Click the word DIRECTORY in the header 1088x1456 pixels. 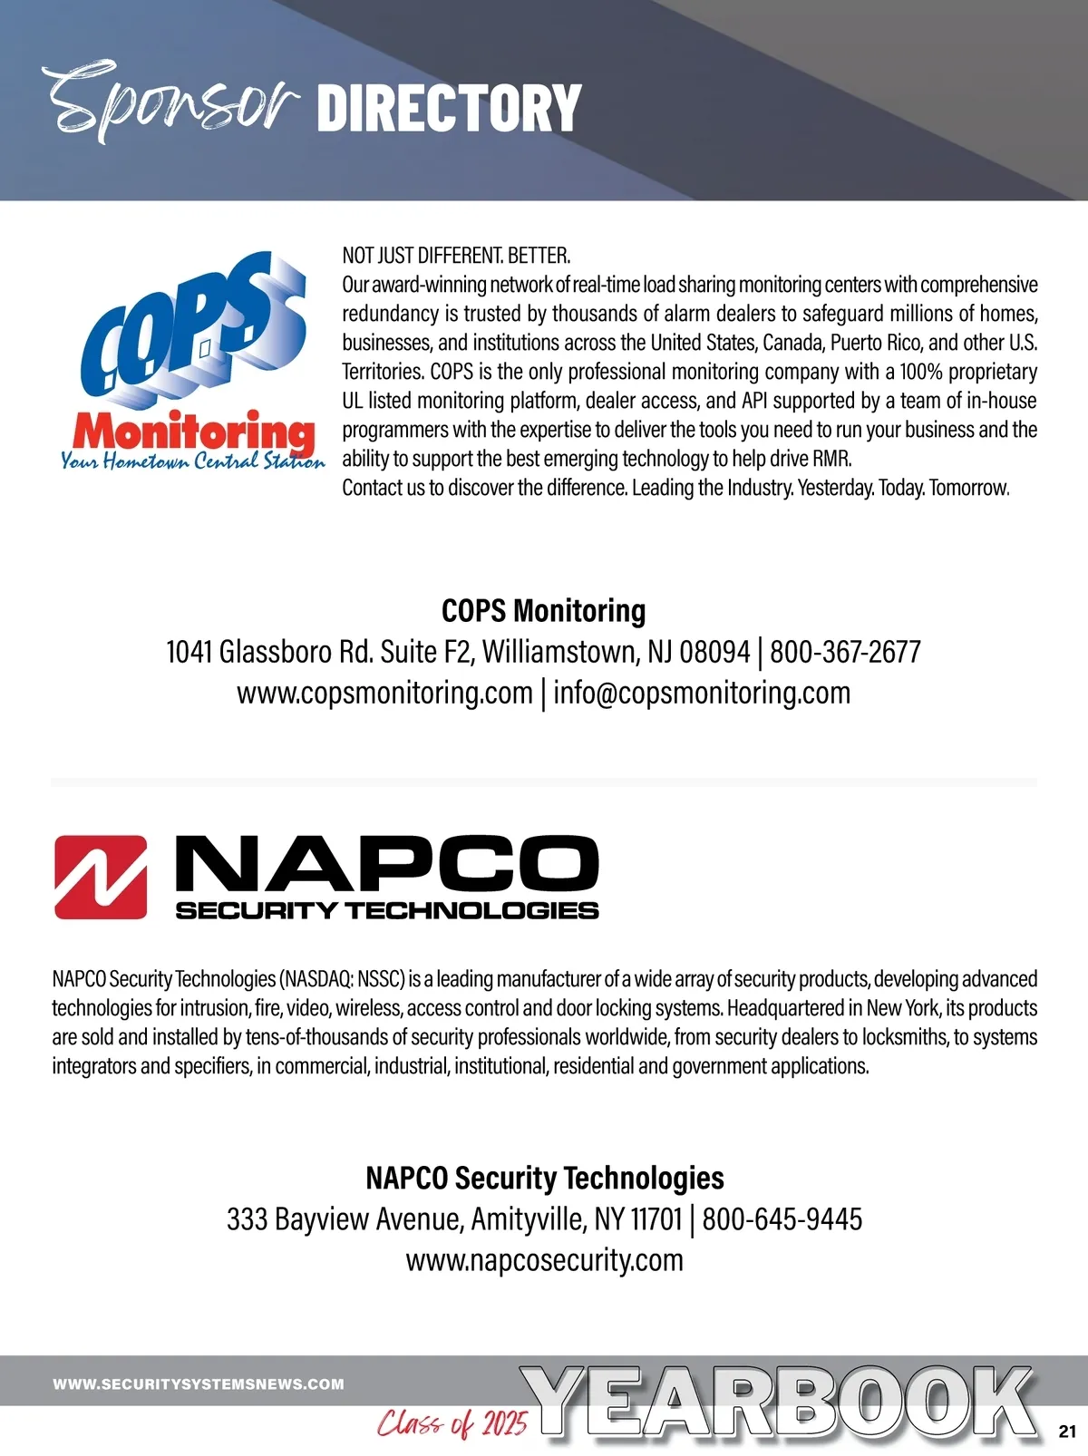pos(449,108)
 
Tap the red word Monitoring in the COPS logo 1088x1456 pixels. pos(194,432)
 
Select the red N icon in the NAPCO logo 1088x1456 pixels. pos(101,877)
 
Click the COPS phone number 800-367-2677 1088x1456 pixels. pos(845,652)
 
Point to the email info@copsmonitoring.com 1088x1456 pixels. pos(702,693)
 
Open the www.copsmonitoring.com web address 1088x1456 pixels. pos(384,693)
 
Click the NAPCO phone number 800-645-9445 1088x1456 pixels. pos(782,1219)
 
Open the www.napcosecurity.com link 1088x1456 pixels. pos(544,1260)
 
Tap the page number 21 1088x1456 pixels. pos(1066,1432)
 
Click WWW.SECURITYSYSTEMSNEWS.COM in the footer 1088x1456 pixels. pos(199,1384)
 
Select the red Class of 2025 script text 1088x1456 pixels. pos(452,1423)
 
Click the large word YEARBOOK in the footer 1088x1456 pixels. pos(780,1403)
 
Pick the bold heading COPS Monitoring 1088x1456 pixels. pos(544,611)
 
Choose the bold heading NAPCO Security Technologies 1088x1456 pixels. pos(544,1178)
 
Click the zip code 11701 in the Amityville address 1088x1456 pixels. pos(656,1219)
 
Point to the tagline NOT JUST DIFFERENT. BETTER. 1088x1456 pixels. pos(456,256)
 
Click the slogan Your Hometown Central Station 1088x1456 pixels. pos(192,461)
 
